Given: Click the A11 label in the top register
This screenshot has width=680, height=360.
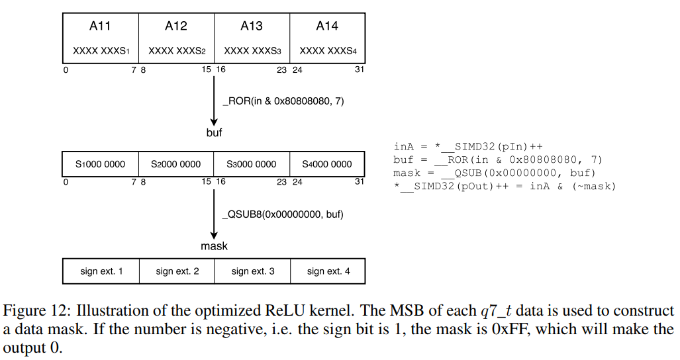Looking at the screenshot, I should (x=100, y=26).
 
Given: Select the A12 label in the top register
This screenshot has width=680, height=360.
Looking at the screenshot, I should (x=176, y=26).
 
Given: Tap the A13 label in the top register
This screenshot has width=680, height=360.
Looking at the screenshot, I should (x=252, y=26).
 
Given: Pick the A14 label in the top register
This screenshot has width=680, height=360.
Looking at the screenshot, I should (x=327, y=26).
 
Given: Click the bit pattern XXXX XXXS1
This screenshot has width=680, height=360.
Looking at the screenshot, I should (x=100, y=51).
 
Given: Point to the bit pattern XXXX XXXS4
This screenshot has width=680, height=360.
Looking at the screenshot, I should (x=327, y=51).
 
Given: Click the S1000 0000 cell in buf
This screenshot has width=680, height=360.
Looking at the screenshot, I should (x=100, y=164).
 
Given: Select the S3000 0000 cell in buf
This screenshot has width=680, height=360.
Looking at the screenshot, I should (x=252, y=164).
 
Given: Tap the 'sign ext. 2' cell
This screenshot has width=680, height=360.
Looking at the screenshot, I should (x=177, y=271).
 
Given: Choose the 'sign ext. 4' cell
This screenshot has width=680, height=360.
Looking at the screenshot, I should (x=328, y=271).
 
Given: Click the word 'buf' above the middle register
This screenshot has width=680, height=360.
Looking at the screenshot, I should (x=214, y=132).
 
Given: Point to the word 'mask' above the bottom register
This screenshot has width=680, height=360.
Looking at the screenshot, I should (x=214, y=246).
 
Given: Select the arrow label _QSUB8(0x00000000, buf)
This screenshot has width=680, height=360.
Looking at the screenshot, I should (x=283, y=214).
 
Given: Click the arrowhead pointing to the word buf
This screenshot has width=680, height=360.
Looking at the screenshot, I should (x=214, y=121).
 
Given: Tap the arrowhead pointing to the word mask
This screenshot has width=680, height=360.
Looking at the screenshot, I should (x=214, y=235).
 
